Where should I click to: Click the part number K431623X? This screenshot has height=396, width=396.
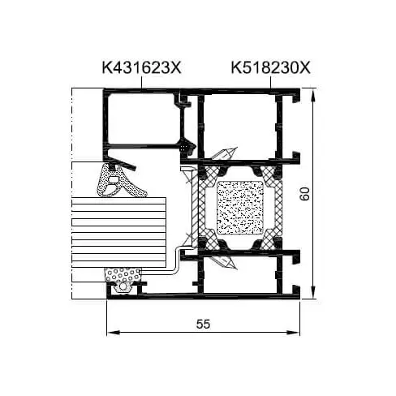point(141,67)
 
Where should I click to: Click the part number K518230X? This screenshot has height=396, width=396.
point(270,67)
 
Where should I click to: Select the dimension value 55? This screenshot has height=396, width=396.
point(203,324)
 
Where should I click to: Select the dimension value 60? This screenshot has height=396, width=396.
point(305,194)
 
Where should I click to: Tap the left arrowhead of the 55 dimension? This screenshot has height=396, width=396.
point(114,333)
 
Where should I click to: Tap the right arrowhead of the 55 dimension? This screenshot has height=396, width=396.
point(293,333)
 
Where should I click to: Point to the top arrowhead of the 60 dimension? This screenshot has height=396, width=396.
point(312,95)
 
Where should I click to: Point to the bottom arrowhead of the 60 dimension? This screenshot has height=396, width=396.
point(312,292)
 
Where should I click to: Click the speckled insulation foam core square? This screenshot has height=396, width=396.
point(240,208)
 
